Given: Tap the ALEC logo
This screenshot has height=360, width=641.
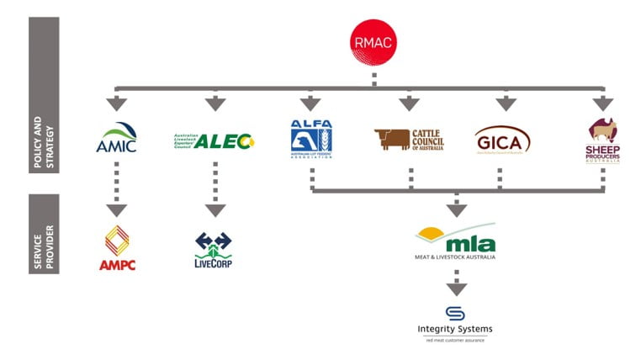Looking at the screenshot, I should point(213,140).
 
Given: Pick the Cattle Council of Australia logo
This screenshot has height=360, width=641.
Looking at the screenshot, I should point(409,139).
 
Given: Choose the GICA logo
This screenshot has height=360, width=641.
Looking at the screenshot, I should point(503,140).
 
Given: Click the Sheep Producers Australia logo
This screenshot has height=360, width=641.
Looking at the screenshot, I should point(602,140).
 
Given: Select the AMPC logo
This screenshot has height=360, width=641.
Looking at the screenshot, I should point(117,248).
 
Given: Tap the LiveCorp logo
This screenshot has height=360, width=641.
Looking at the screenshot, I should point(213,250).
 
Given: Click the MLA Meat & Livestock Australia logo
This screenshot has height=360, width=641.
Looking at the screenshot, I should point(455,243).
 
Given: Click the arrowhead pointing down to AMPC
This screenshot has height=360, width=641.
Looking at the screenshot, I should point(116,209).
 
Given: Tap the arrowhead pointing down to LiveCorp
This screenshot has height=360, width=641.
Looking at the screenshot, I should point(215,209).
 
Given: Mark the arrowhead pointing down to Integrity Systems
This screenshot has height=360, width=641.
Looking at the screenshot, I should point(455,289).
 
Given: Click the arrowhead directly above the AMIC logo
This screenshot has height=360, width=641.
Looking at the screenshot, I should point(116,103).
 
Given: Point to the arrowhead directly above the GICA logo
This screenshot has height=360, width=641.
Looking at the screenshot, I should point(505,103).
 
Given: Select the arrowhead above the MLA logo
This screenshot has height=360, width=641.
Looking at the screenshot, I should point(455,210).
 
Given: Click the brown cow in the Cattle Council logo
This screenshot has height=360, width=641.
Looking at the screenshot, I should point(391,139).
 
